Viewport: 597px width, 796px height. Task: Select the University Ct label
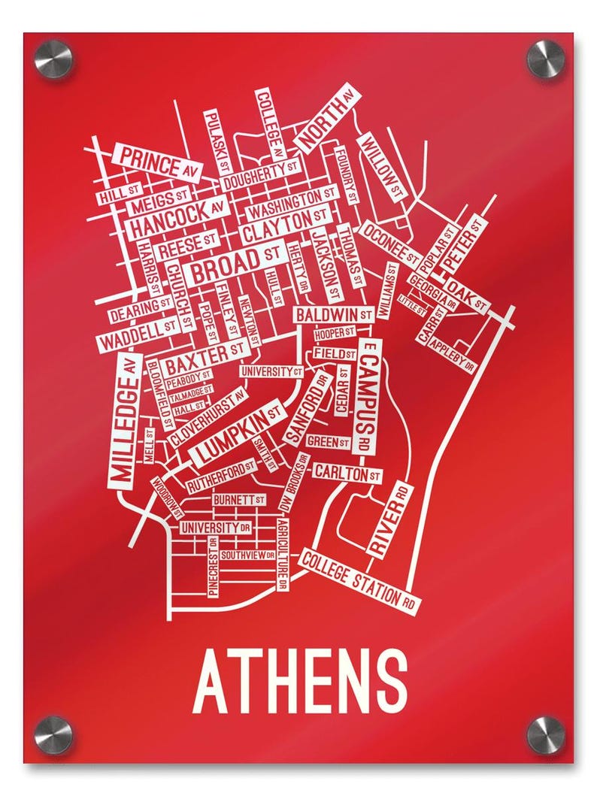[271, 371]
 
